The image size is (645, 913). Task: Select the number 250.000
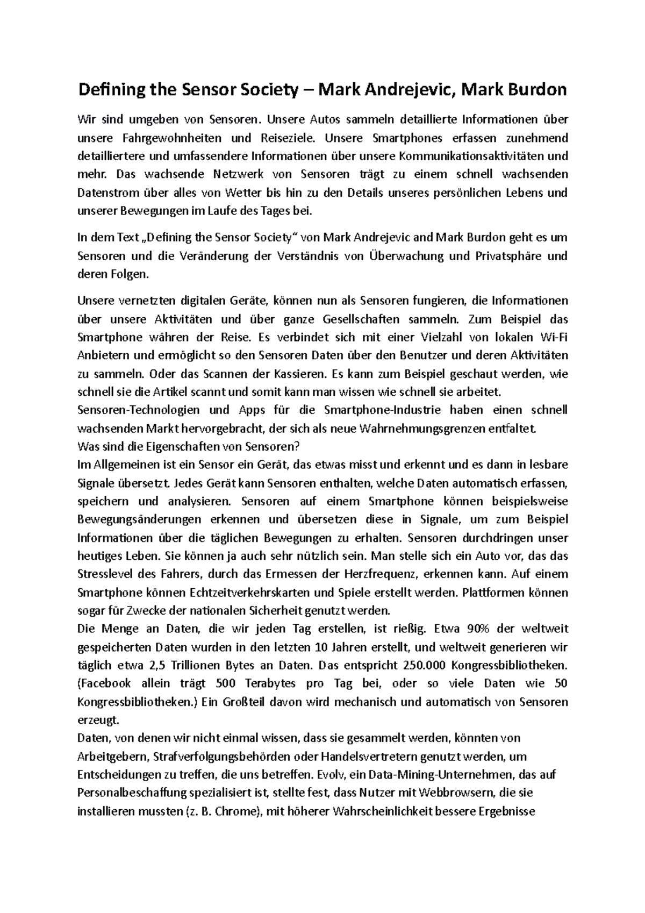click(x=424, y=665)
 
